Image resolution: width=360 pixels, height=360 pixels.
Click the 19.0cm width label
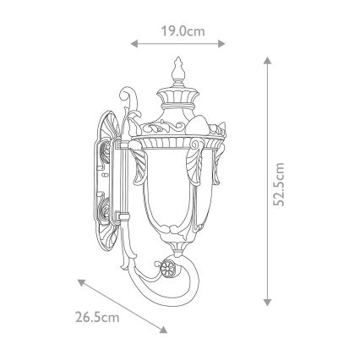click(x=183, y=30)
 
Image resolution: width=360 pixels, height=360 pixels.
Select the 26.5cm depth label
click(x=96, y=318)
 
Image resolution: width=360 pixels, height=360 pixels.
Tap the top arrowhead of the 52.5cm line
click(x=267, y=60)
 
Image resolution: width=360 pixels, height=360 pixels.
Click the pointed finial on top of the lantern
click(x=179, y=68)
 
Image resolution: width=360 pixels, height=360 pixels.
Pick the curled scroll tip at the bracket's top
click(x=128, y=90)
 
